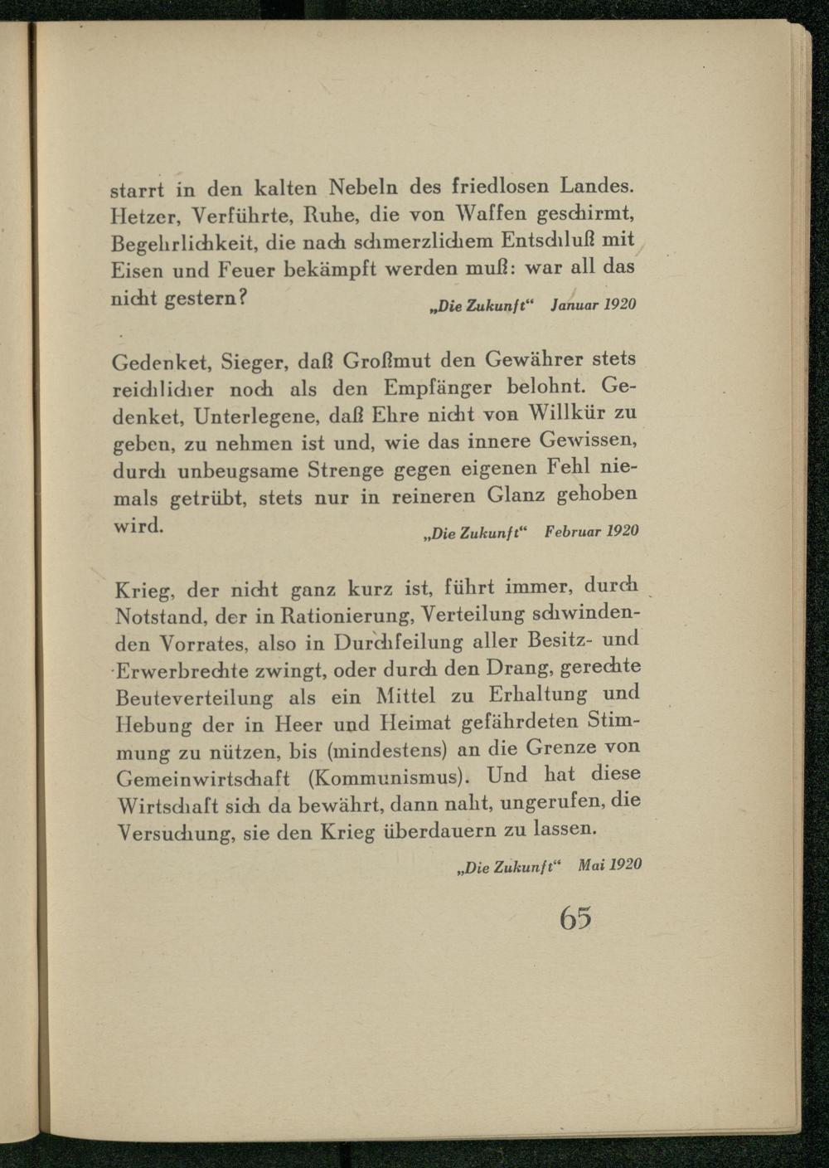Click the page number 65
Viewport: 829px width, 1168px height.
coord(575,917)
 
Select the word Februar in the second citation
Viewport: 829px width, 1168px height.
coord(572,531)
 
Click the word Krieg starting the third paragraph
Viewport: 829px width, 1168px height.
coord(143,591)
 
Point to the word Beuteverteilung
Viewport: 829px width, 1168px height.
coord(194,698)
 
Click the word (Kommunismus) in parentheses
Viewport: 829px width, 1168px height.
coord(389,778)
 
